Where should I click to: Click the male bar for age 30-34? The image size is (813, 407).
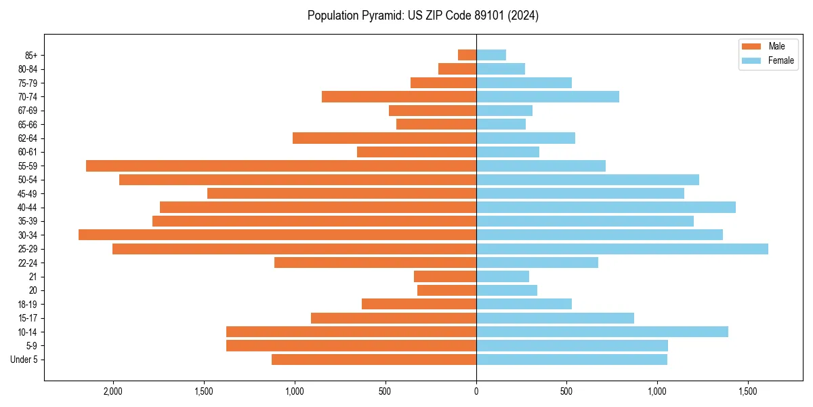pyautogui.click(x=277, y=235)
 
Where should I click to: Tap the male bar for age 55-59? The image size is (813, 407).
pyautogui.click(x=281, y=166)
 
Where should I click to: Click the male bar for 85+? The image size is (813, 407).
pyautogui.click(x=467, y=55)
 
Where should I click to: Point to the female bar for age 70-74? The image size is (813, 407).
pyautogui.click(x=547, y=96)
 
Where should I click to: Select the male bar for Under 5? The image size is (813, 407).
pyautogui.click(x=374, y=360)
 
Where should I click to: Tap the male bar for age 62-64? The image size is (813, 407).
pyautogui.click(x=384, y=138)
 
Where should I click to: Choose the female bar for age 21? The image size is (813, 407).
pyautogui.click(x=503, y=276)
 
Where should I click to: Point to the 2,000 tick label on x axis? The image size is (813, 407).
pyautogui.click(x=112, y=392)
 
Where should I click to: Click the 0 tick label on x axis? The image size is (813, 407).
pyautogui.click(x=476, y=392)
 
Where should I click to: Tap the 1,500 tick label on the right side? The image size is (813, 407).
pyautogui.click(x=748, y=392)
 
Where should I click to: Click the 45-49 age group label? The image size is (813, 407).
pyautogui.click(x=26, y=193)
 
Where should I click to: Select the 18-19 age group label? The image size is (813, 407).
pyautogui.click(x=26, y=304)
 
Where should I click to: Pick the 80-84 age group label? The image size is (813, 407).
pyautogui.click(x=26, y=69)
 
